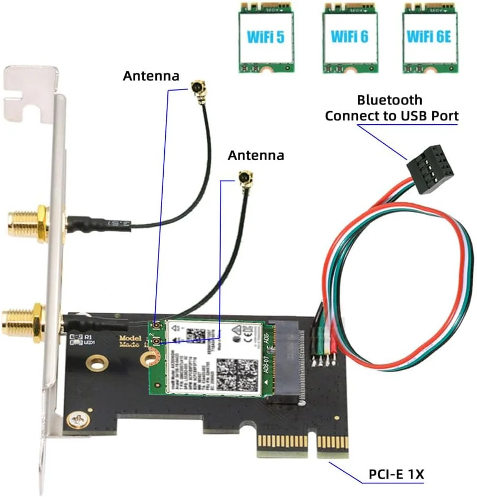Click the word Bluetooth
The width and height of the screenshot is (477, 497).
(x=390, y=100)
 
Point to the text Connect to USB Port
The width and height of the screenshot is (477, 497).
(x=391, y=116)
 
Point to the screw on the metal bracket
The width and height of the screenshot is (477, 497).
(x=78, y=419)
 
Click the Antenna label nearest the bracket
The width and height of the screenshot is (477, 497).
(x=151, y=76)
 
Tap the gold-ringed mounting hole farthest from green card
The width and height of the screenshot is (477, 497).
(x=96, y=363)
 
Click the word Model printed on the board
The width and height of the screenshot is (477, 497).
(x=128, y=339)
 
